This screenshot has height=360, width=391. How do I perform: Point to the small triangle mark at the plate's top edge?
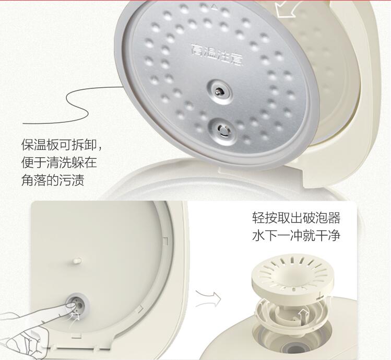click(x=215, y=7)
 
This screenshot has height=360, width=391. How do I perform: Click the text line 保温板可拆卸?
click(x=61, y=145)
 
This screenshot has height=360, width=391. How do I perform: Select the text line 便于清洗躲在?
click(x=58, y=162)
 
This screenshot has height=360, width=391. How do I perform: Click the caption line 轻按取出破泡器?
click(x=295, y=217)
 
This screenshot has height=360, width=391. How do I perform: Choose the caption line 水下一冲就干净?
click(x=295, y=235)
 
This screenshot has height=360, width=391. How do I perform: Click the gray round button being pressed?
click(x=76, y=303)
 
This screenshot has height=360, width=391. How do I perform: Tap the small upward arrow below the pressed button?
click(x=78, y=315)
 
